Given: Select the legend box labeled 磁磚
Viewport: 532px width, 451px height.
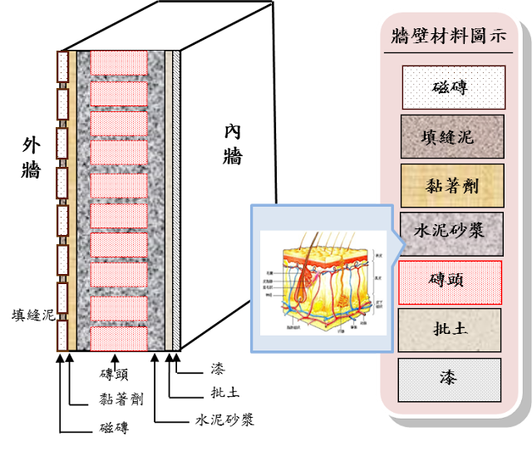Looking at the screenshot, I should click(x=453, y=87).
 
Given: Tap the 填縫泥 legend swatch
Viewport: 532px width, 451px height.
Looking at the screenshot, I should click(x=453, y=136).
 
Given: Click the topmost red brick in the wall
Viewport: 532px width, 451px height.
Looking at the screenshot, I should click(x=119, y=63).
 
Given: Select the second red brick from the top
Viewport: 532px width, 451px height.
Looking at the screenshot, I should click(x=119, y=93).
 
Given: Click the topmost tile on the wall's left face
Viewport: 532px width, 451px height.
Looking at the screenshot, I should click(x=62, y=66).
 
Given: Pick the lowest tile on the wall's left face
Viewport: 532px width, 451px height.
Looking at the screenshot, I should click(x=62, y=335).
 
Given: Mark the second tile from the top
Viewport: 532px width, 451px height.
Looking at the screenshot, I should click(x=62, y=105).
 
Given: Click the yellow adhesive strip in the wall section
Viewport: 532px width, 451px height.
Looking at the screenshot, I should click(x=73, y=199).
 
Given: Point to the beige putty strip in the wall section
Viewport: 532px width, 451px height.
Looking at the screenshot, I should click(x=168, y=199).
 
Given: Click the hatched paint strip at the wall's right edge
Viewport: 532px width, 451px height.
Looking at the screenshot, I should click(x=176, y=199).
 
